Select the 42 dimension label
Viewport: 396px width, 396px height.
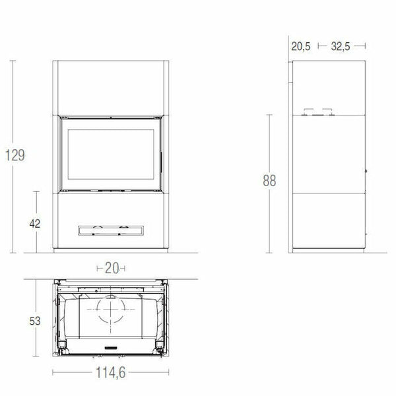[35, 223]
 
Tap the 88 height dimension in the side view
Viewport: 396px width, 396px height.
[268, 181]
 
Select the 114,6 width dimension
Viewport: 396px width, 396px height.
[111, 373]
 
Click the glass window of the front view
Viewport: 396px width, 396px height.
[110, 154]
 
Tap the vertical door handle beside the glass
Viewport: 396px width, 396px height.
[158, 158]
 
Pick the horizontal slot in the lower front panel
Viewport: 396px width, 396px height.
[110, 230]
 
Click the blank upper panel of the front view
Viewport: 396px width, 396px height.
[110, 87]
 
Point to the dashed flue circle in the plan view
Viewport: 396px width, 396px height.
[110, 310]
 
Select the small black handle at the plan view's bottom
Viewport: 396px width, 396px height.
[110, 346]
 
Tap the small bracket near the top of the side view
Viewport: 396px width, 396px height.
[317, 112]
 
